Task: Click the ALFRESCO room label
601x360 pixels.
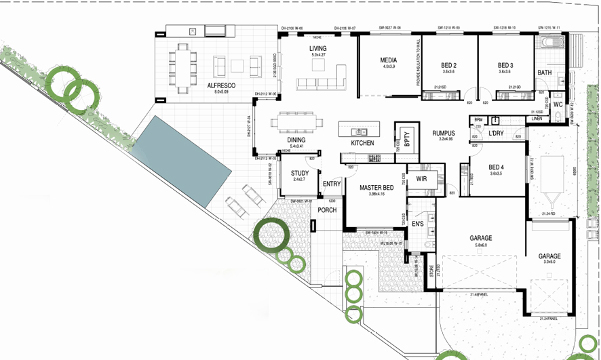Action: (x=221, y=85)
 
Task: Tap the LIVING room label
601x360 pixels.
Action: (x=317, y=49)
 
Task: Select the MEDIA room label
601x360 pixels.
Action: (x=388, y=60)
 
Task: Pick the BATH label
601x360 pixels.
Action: (x=545, y=73)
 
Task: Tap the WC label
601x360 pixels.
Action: (x=558, y=105)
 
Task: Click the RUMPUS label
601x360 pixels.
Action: (x=443, y=134)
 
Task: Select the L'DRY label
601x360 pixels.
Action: (x=497, y=134)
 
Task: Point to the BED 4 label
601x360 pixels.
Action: (x=497, y=167)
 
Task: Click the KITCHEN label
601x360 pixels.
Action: (x=362, y=144)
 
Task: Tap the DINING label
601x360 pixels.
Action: (x=296, y=140)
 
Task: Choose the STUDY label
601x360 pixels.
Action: (x=300, y=174)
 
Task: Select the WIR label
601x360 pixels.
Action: (x=421, y=179)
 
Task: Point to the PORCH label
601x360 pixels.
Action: (x=327, y=210)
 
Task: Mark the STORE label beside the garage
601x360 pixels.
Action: (x=431, y=273)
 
